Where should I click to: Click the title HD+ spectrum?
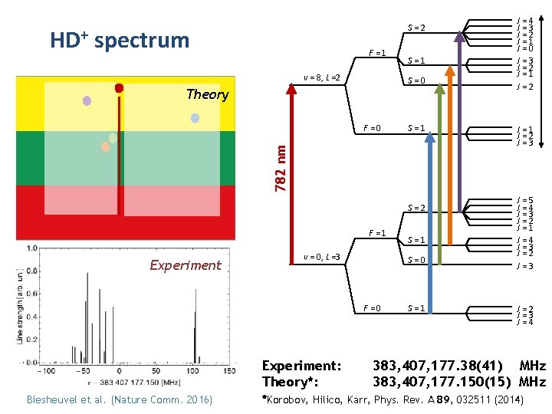click(119, 40)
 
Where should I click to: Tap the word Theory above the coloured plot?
click(207, 94)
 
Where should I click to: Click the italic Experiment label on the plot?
click(186, 265)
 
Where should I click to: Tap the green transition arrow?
click(439, 153)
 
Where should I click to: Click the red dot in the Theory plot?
click(119, 88)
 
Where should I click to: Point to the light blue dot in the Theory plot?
click(195, 118)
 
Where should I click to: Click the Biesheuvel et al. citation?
click(120, 399)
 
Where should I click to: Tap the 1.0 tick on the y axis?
click(31, 248)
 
